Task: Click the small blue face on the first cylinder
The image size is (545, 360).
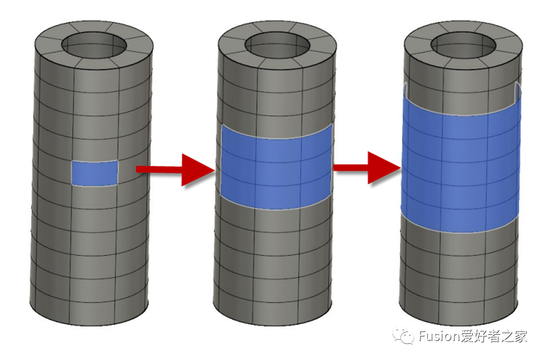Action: pyautogui.click(x=95, y=172)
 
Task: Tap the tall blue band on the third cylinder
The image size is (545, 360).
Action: pyautogui.click(x=461, y=165)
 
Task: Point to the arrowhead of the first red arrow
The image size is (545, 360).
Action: pyautogui.click(x=199, y=169)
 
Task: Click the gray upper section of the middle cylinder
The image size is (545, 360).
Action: pyautogui.click(x=274, y=95)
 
